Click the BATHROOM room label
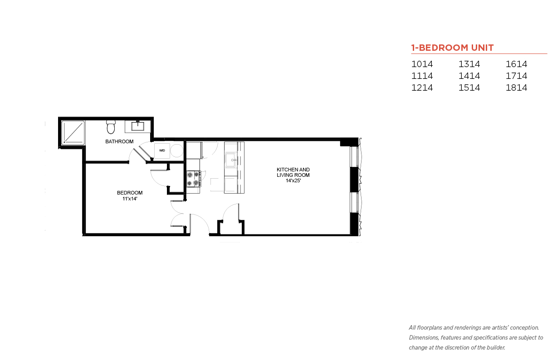pyautogui.click(x=119, y=141)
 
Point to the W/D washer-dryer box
pyautogui.click(x=162, y=150)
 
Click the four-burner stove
pyautogui.click(x=193, y=178)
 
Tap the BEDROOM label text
pyautogui.click(x=130, y=193)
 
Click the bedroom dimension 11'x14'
pyautogui.click(x=130, y=198)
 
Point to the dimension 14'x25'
pyautogui.click(x=293, y=180)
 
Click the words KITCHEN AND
pyautogui.click(x=293, y=170)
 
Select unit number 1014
pyautogui.click(x=422, y=64)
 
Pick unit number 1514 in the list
pyautogui.click(x=469, y=88)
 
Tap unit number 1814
pyautogui.click(x=516, y=88)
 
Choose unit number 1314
pyautogui.click(x=469, y=64)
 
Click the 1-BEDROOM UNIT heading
pyautogui.click(x=452, y=48)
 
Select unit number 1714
pyautogui.click(x=516, y=76)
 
